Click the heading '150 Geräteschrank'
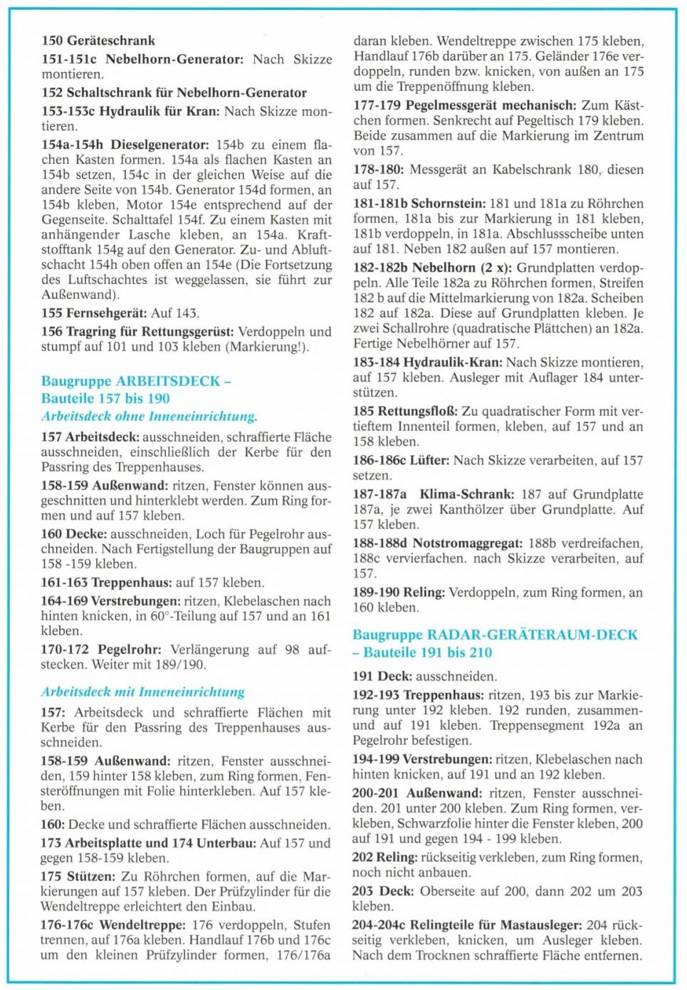(98, 41)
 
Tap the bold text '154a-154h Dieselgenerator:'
(125, 145)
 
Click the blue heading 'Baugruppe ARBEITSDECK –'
(136, 381)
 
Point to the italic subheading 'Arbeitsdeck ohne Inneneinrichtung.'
(150, 416)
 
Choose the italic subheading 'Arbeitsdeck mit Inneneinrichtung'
(143, 692)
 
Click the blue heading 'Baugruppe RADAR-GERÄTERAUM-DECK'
(495, 635)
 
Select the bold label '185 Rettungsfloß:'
(406, 412)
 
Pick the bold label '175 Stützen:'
(78, 877)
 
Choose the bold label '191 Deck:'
(382, 677)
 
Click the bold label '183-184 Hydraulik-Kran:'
(426, 363)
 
